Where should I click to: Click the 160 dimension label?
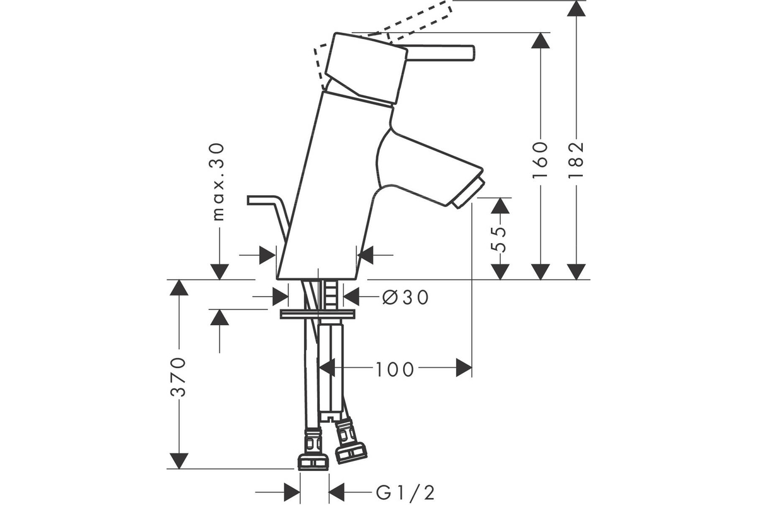541,159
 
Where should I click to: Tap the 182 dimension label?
576,159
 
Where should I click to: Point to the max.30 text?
218,182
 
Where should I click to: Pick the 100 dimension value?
396,369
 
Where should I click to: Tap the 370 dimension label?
180,377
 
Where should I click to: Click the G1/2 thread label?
406,491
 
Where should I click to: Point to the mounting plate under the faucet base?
317,314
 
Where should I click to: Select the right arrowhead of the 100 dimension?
464,367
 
